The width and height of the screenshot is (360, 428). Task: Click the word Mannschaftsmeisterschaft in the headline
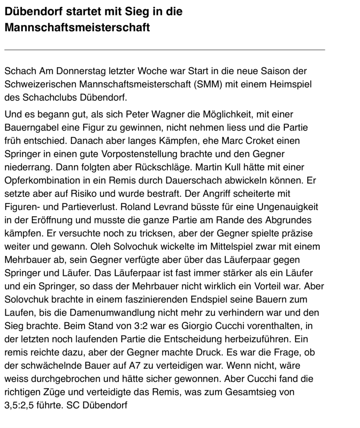(77, 28)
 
